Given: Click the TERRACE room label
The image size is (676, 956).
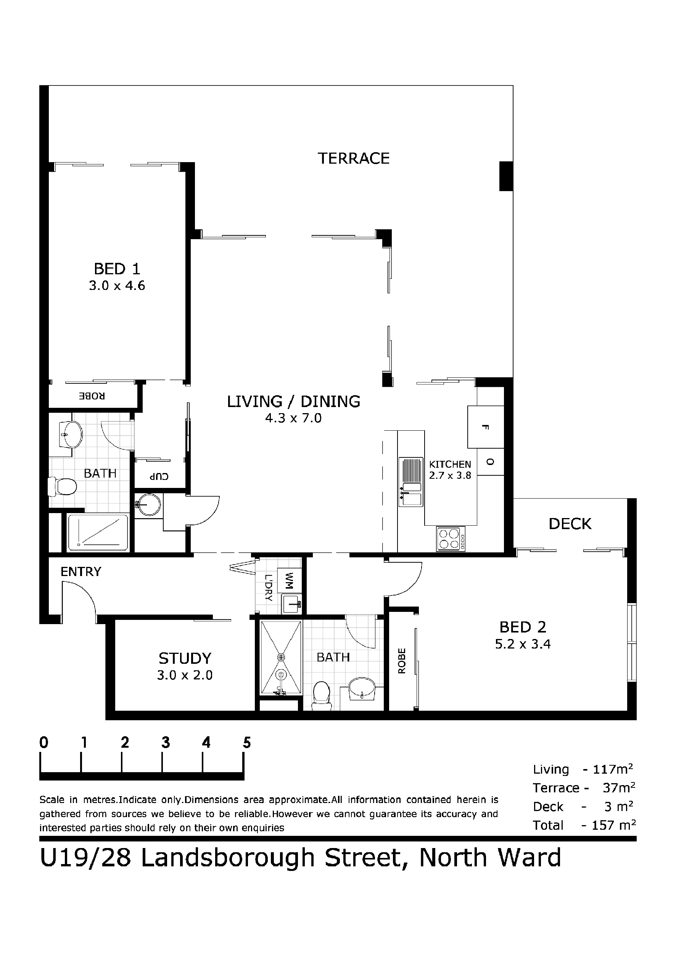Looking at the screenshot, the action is click(353, 158).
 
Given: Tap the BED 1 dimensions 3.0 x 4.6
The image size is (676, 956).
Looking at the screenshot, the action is click(117, 286).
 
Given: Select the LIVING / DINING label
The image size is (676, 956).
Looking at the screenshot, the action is click(293, 401).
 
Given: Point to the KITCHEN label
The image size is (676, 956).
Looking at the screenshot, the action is click(450, 464).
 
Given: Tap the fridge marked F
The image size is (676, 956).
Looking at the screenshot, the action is click(485, 427).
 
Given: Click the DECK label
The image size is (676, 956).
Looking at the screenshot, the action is click(570, 524).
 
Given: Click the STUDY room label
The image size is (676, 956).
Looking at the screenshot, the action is click(185, 658).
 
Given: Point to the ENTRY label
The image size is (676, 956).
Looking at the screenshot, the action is click(81, 572).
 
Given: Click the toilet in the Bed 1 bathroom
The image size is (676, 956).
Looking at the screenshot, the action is click(63, 486).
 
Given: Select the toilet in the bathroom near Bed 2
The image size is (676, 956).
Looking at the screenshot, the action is click(322, 695).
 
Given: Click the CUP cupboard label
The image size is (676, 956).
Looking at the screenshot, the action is click(159, 477).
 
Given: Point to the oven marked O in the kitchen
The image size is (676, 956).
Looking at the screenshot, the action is click(490, 462).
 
